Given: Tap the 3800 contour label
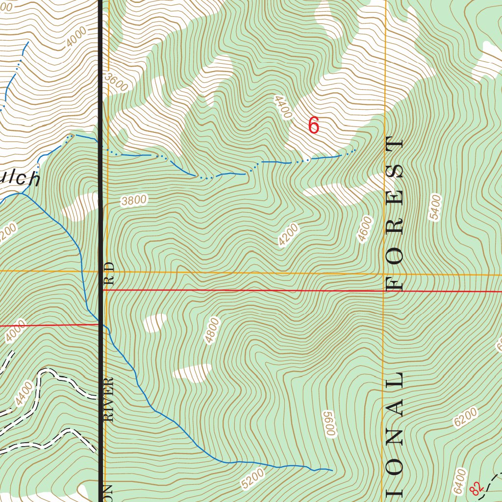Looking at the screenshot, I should [x=134, y=200].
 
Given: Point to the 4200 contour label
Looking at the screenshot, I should [x=288, y=235].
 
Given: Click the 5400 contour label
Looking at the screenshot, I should [x=435, y=208].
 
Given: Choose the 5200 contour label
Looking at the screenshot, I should [x=253, y=478].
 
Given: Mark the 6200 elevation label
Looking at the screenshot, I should [x=465, y=417].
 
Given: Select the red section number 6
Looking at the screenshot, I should [x=314, y=126].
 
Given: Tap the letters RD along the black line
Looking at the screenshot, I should [x=109, y=274].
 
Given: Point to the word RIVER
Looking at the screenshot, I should [x=109, y=399].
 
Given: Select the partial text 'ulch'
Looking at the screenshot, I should [x=20, y=178].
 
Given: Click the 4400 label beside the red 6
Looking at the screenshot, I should [x=283, y=107].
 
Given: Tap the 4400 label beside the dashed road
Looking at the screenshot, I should [x=24, y=394].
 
